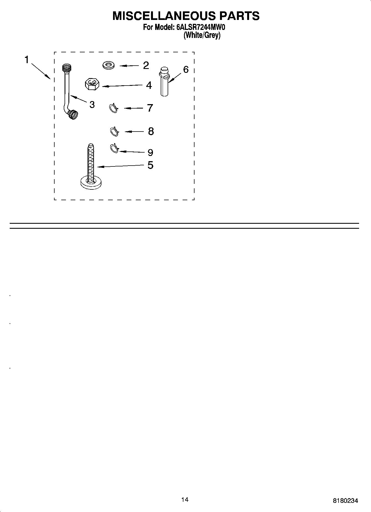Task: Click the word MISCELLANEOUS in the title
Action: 164,16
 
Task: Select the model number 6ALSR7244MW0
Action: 199,28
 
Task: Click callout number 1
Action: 27,60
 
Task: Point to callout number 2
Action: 146,65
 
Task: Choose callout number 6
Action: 186,69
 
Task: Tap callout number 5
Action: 150,165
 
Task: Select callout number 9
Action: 150,152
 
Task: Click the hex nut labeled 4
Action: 92,84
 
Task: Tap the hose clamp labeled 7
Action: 114,108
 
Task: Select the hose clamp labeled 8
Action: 114,131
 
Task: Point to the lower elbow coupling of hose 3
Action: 73,114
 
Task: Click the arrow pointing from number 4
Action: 122,86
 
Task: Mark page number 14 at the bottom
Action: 185,500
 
